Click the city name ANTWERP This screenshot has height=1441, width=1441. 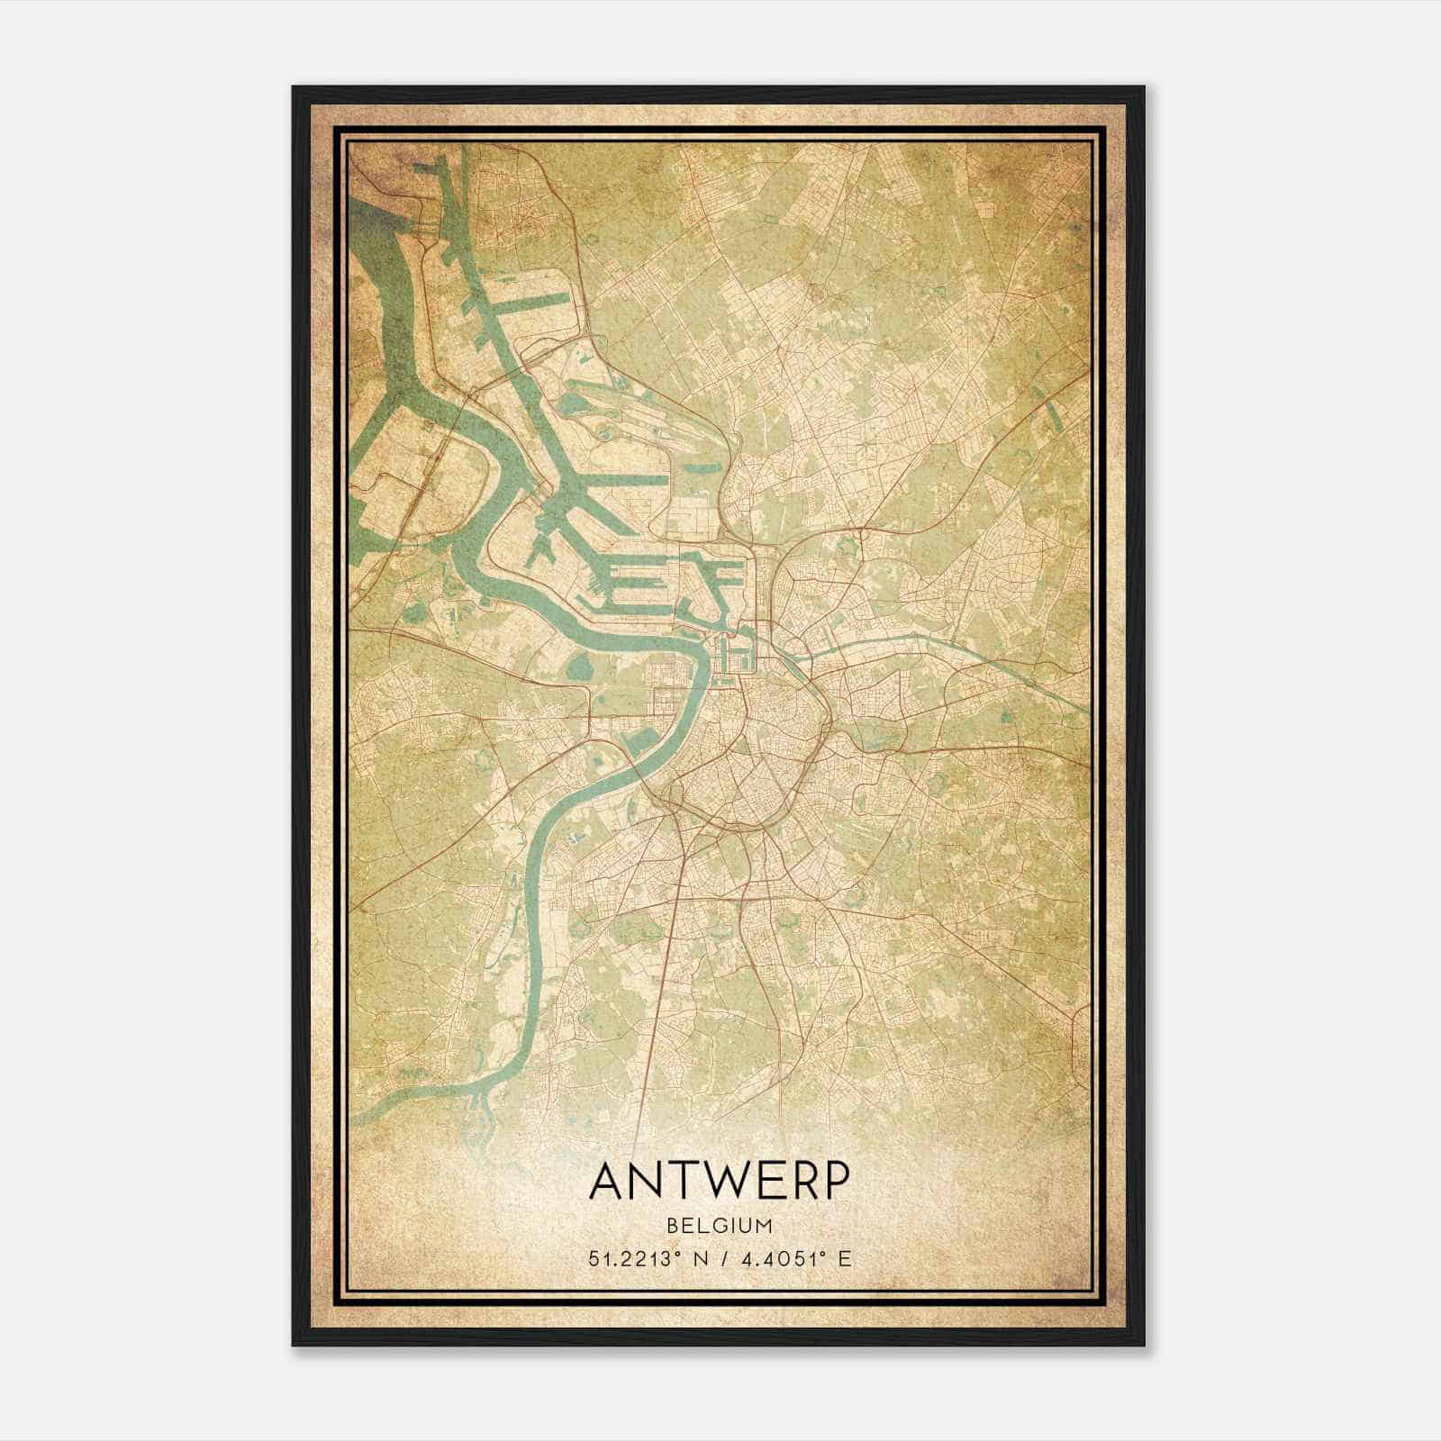[720, 1182]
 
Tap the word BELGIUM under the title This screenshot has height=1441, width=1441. [720, 1226]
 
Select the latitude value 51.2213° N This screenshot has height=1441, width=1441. [641, 1259]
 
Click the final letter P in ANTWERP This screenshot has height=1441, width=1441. [834, 1182]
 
